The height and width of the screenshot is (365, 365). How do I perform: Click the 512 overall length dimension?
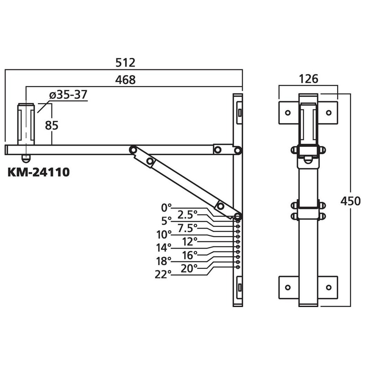[x=125, y=63]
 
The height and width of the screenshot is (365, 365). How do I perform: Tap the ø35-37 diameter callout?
[x=68, y=95]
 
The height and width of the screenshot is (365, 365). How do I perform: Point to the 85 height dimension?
[x=52, y=125]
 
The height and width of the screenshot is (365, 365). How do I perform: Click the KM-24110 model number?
[x=39, y=172]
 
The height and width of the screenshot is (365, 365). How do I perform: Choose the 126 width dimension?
[x=308, y=79]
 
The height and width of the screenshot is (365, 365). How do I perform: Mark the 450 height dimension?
[x=350, y=201]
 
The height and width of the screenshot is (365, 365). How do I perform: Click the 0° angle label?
[x=166, y=208]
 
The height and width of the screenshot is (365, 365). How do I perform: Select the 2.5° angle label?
[x=188, y=214]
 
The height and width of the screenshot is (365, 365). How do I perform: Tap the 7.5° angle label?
[x=188, y=228]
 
